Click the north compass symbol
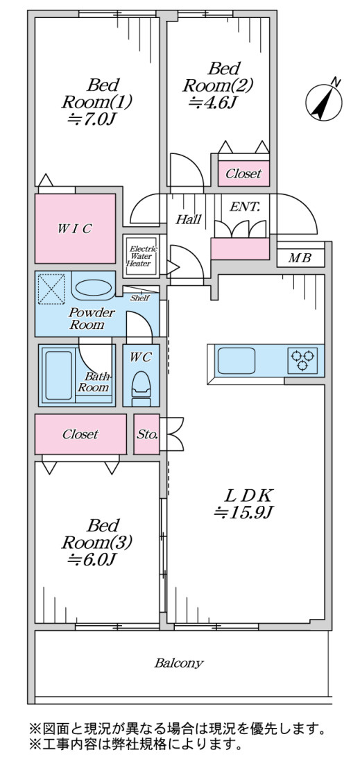[x=325, y=101]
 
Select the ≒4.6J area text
[x=211, y=103]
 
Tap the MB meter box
[x=300, y=257]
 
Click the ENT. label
[x=245, y=207]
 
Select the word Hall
[x=188, y=220]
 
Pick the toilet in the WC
[x=142, y=388]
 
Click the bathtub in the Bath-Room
[x=58, y=375]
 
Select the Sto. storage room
[x=146, y=434]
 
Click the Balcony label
[x=178, y=663]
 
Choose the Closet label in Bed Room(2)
[x=243, y=173]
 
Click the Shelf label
[x=140, y=298]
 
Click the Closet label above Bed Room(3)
[x=80, y=434]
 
